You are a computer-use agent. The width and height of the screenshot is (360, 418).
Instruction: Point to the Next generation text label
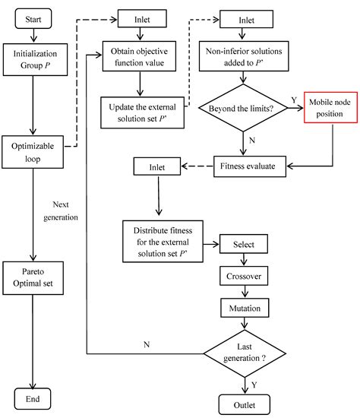coord(67,211)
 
